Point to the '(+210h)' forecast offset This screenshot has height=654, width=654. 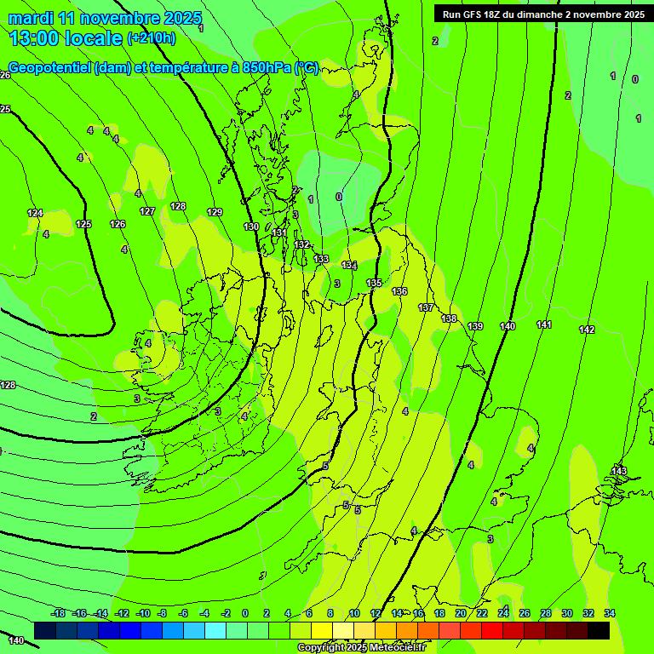tap(152, 37)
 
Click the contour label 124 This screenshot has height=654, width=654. tap(35, 213)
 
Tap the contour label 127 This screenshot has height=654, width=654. tap(147, 211)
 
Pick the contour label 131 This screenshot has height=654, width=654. tap(279, 232)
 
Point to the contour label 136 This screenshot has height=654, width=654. tap(399, 292)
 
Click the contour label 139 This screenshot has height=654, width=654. tap(475, 327)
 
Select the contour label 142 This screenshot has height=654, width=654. tap(587, 330)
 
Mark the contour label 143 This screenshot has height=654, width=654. tap(619, 472)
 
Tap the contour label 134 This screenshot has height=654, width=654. tap(349, 266)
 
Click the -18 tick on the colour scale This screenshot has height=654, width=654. tap(59, 613)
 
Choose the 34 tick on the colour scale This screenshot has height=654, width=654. tap(610, 613)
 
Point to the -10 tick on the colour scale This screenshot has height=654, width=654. tap(143, 613)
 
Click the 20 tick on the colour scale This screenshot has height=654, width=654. tap(461, 613)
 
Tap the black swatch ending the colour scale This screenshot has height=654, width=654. tap(599, 630)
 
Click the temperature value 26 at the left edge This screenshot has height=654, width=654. tap(5, 76)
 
